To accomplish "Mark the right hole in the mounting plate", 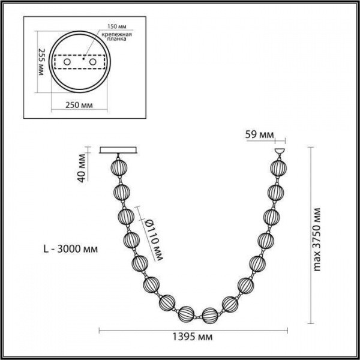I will pyautogui.click(x=93, y=62).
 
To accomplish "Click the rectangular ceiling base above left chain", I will pyautogui.click(x=118, y=151).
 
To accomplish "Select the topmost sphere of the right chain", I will pyautogui.click(x=278, y=167).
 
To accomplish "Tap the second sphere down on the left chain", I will pyautogui.click(x=122, y=192).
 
